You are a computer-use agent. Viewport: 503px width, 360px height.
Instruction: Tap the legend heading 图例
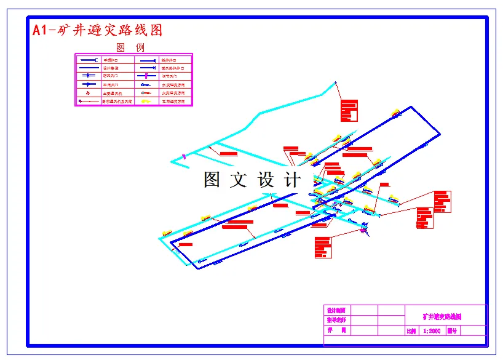130,47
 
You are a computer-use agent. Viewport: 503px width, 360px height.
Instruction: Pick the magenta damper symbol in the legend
146,76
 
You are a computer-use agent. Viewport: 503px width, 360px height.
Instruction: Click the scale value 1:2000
432,331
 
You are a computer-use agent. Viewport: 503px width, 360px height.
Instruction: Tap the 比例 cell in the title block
411,331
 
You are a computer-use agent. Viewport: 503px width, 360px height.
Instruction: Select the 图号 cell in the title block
452,331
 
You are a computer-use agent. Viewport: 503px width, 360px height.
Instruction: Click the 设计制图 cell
336,310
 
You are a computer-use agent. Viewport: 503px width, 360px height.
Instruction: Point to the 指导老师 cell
336,320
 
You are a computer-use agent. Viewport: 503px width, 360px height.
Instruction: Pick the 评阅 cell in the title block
336,330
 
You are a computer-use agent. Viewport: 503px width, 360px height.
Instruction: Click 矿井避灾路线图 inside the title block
442,317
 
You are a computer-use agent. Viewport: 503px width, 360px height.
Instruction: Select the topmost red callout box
349,110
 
